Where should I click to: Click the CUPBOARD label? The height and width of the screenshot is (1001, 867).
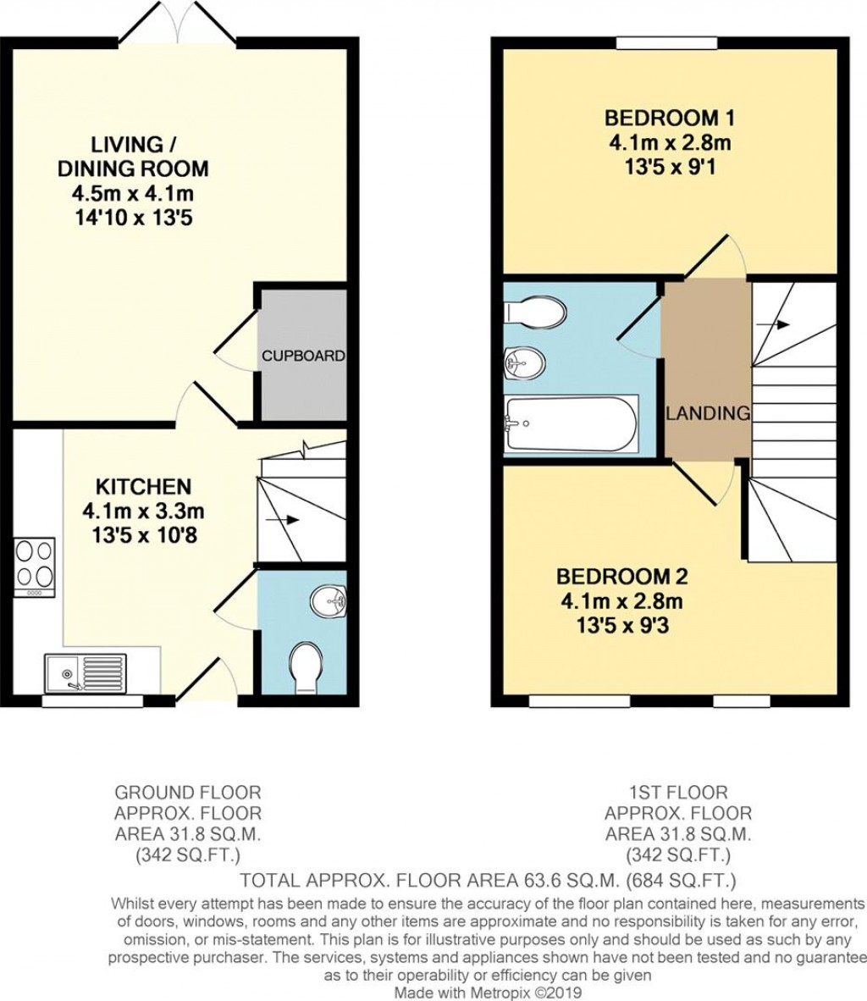[303, 356]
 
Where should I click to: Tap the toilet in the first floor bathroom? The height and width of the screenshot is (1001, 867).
[536, 311]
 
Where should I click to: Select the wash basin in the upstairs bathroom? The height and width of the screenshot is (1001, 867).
[524, 365]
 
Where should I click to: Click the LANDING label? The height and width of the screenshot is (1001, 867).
[708, 414]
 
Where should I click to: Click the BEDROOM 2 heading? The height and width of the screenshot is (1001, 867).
[621, 577]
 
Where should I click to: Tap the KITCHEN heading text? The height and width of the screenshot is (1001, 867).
[143, 487]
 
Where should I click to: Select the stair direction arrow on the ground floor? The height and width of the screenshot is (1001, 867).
[287, 520]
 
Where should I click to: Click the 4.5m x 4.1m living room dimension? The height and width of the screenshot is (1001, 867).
[133, 193]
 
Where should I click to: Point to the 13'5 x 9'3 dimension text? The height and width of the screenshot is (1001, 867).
[621, 628]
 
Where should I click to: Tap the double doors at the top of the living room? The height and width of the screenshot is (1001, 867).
[178, 24]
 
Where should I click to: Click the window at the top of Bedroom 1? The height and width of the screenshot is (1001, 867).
[666, 43]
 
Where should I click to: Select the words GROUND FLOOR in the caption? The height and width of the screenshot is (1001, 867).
[188, 794]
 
